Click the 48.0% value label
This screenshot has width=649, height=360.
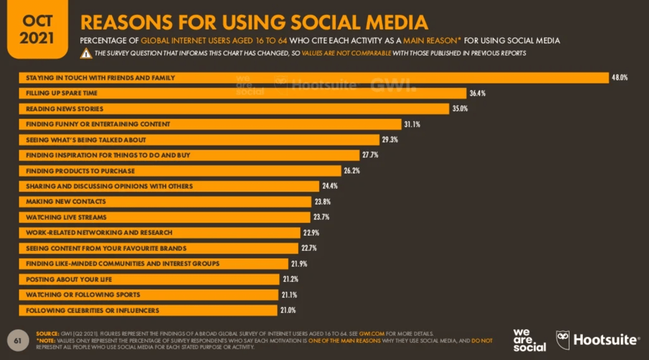tap(619, 78)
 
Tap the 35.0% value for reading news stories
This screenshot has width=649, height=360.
tap(459, 109)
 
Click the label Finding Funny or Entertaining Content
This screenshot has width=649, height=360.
tap(98, 124)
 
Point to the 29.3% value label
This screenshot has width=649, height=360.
tap(390, 140)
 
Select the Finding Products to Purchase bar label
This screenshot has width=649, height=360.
tap(80, 171)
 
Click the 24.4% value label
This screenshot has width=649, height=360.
tap(330, 186)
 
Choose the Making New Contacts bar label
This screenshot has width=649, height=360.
tap(66, 202)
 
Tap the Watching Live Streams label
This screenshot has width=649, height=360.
tap(66, 217)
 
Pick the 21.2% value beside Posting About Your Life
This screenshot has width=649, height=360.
tap(290, 279)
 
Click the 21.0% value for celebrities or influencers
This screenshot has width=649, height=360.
tap(288, 310)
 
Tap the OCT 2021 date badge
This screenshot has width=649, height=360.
tap(37, 30)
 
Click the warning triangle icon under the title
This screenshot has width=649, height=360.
tap(86, 54)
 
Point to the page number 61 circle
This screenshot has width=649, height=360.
tap(18, 340)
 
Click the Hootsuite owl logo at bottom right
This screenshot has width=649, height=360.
tap(564, 340)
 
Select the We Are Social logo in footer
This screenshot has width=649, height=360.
tap(529, 340)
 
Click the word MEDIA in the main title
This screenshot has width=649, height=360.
tap(392, 22)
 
